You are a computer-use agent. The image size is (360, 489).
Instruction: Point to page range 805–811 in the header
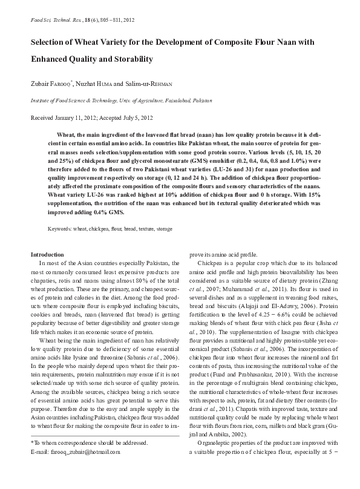[100, 20]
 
